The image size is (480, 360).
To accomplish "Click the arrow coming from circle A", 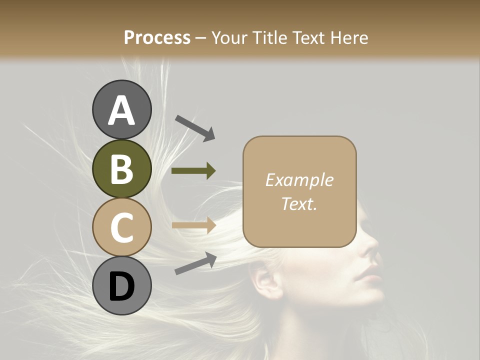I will [x=194, y=128].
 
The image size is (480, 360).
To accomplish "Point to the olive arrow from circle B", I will [x=193, y=171].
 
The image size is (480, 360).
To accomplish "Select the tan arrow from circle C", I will [x=193, y=225].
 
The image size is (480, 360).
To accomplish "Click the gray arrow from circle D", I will [x=195, y=263].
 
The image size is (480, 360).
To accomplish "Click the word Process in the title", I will [x=157, y=37].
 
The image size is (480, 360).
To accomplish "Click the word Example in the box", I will [x=299, y=180].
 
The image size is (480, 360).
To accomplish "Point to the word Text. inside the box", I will [x=299, y=203].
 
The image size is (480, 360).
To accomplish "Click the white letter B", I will [x=122, y=169].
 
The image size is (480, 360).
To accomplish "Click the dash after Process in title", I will [x=200, y=38].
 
